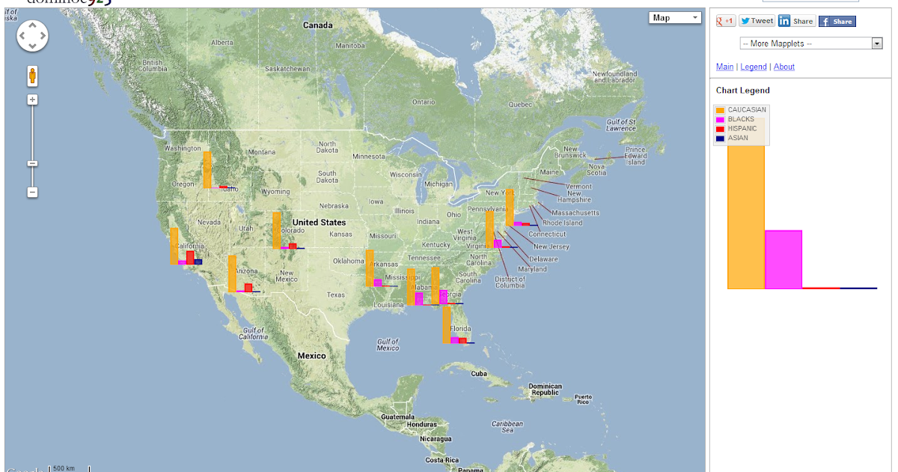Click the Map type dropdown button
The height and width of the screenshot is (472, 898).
point(674,18)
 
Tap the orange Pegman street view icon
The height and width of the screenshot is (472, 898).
point(33,76)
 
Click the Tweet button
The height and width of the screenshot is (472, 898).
point(757,21)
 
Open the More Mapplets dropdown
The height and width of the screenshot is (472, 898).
point(811,43)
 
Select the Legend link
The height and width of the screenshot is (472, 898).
point(754,67)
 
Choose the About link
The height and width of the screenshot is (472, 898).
point(784,67)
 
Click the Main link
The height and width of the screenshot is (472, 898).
point(724,67)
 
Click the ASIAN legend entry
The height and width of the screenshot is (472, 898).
point(737,138)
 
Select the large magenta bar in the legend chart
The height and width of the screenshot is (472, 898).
point(783,259)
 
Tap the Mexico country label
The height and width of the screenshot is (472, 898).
point(311,356)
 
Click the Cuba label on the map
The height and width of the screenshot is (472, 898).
point(479,373)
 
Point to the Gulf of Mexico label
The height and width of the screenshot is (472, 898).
point(388,345)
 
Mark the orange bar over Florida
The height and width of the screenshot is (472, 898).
point(447,324)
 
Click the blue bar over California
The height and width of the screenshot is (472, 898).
point(198,261)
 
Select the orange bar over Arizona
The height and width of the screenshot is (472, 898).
point(232,273)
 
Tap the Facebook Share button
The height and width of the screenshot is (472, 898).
point(837,21)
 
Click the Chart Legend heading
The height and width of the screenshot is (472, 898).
point(742,91)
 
